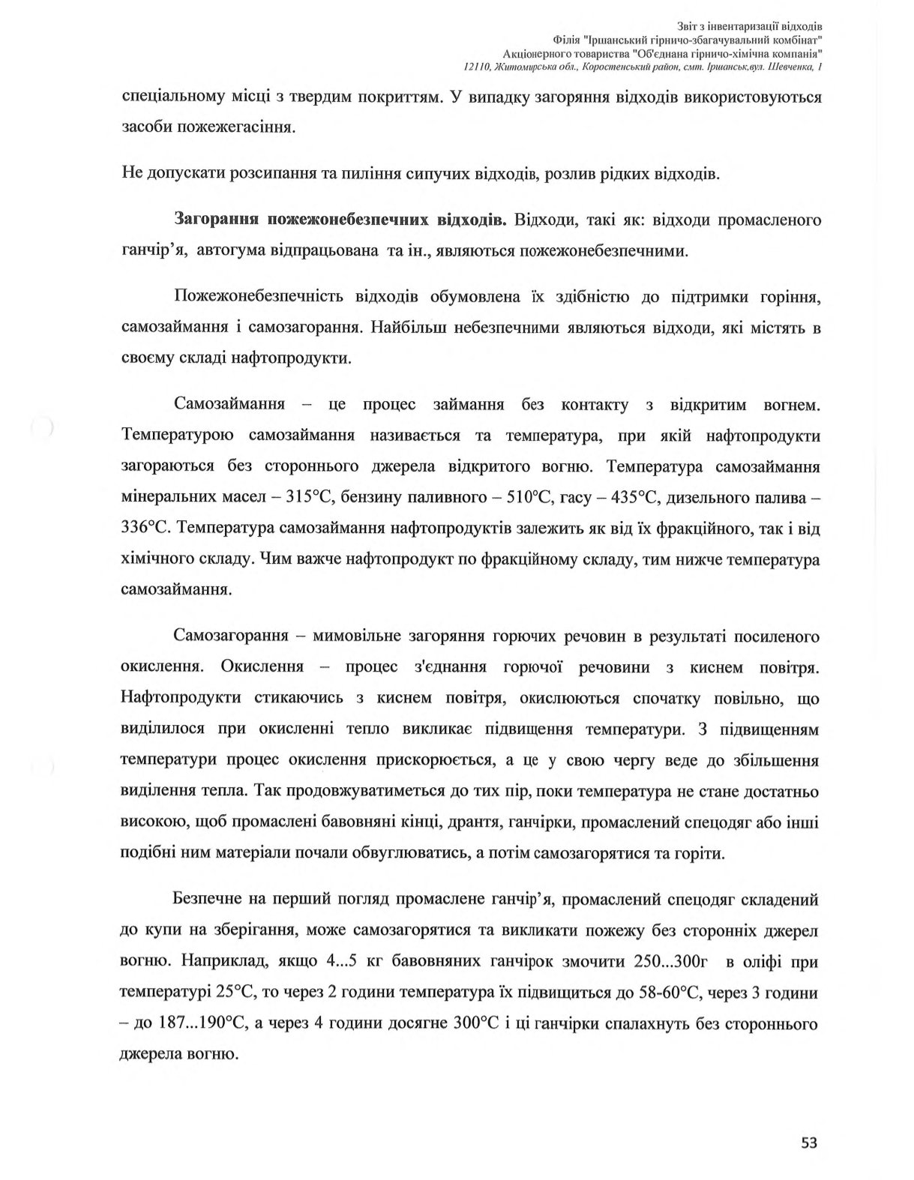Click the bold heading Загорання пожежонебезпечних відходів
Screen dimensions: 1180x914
click(341, 220)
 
